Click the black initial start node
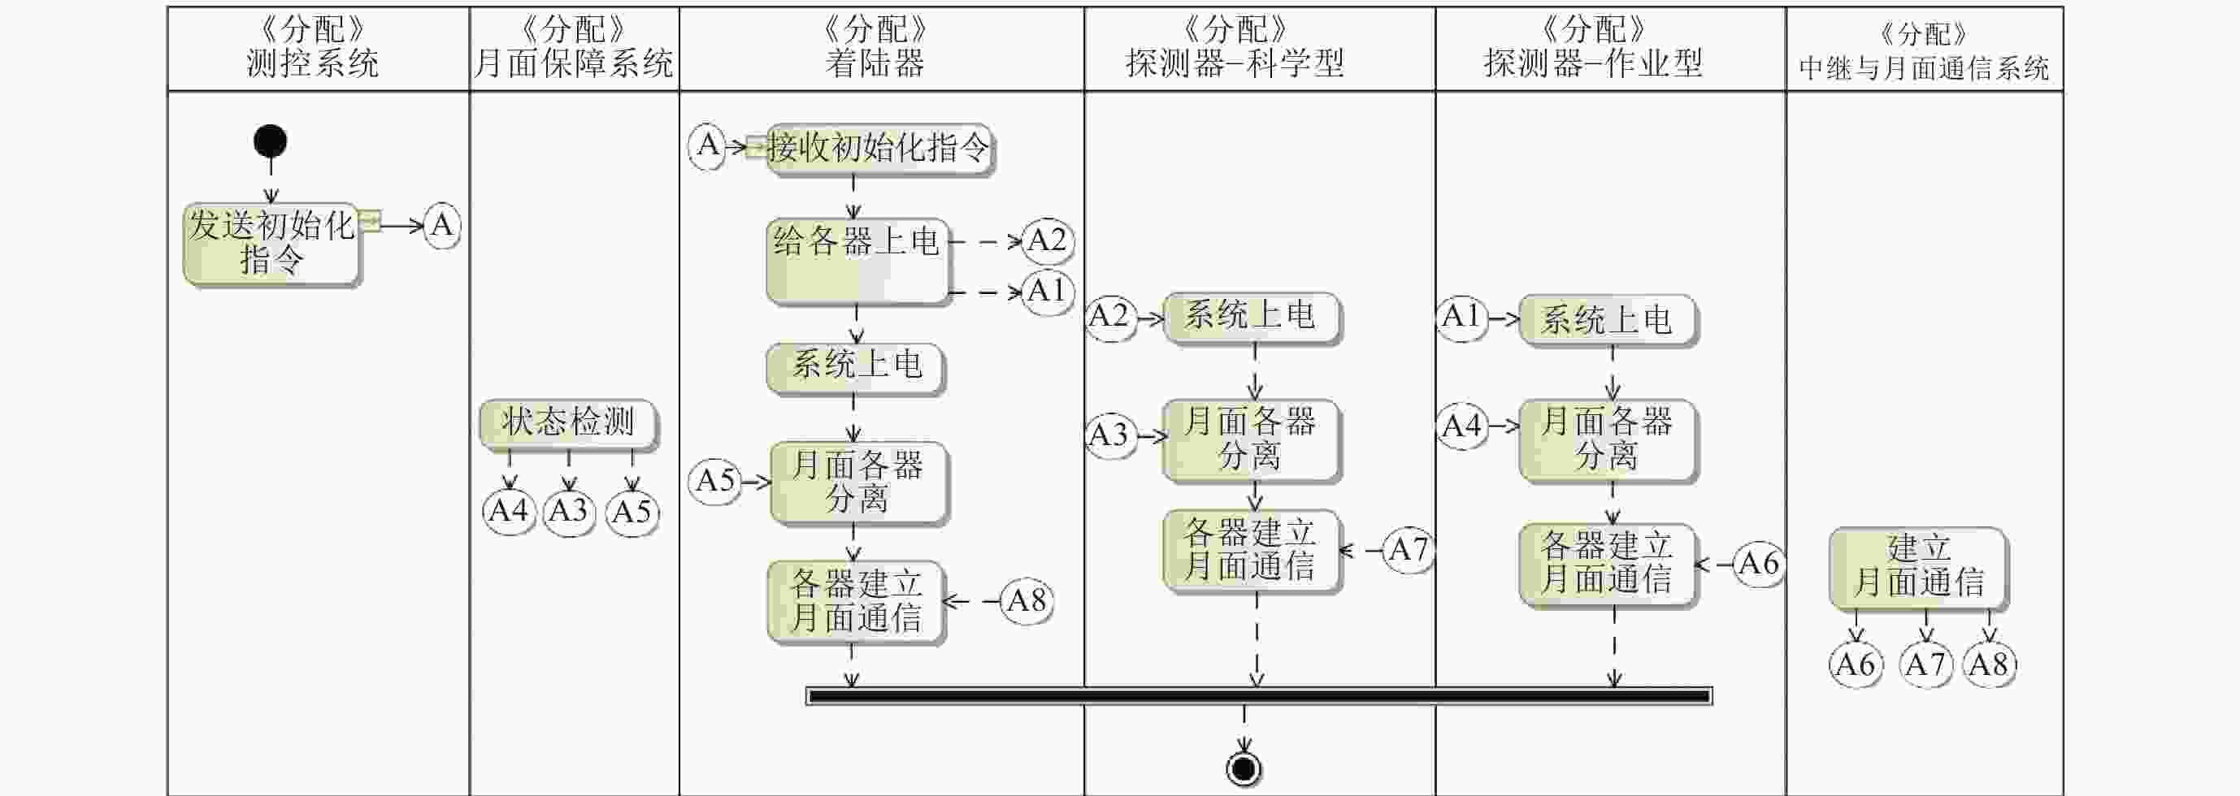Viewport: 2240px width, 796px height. [271, 141]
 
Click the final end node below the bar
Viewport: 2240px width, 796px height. [1244, 768]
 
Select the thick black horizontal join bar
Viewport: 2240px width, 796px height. [1258, 696]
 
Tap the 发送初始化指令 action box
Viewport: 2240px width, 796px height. [271, 244]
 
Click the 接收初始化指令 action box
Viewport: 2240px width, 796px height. [879, 149]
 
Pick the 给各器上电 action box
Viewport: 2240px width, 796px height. [857, 261]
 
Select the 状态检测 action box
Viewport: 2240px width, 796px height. [569, 423]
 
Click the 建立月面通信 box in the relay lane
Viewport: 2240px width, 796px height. [1918, 567]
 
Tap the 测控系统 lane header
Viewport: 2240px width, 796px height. [313, 49]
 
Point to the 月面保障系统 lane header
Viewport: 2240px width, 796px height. [574, 49]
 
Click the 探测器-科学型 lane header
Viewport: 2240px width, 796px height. [1235, 49]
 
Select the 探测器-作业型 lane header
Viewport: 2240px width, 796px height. [1593, 49]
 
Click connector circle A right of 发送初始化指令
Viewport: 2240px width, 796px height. [441, 226]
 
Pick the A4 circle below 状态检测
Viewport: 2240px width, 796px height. [509, 511]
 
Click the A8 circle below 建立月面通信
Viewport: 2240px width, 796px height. [1989, 664]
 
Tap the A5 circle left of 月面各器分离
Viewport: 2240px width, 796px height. [714, 481]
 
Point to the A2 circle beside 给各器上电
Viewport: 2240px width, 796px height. [1046, 240]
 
